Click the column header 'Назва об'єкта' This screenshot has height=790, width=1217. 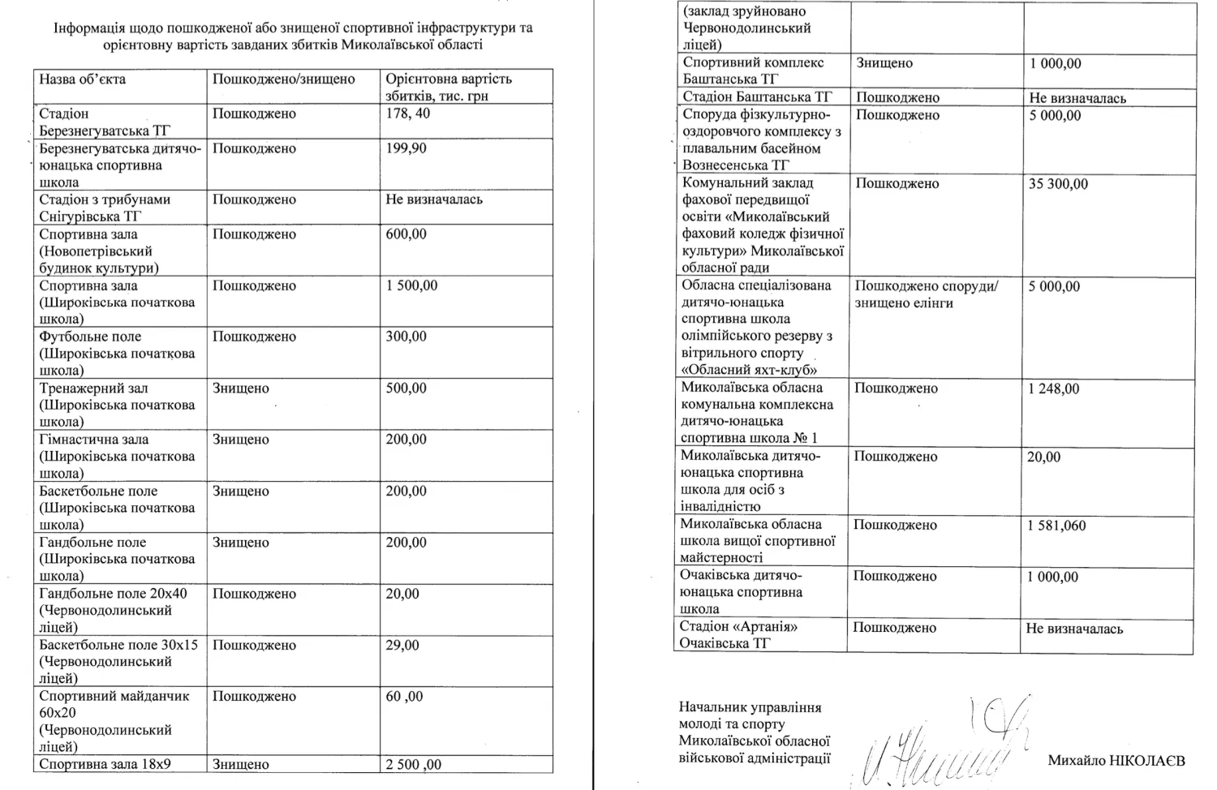83,79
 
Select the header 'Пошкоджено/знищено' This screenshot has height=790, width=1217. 283,79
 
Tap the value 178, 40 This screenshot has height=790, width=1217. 408,114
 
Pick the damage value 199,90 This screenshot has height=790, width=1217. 406,148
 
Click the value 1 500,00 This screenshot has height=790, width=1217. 411,286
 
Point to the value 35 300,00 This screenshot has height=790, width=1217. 1058,184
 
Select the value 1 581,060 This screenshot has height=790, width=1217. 1056,526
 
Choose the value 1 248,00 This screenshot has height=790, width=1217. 1053,389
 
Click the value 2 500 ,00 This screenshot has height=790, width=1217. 413,764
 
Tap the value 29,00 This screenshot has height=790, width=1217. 402,646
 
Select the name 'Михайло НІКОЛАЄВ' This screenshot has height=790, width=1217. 1116,761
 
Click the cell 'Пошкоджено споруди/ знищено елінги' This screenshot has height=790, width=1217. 926,294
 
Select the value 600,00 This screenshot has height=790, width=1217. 406,234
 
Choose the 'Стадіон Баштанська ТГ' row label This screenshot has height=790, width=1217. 758,97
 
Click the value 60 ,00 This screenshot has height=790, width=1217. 404,697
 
